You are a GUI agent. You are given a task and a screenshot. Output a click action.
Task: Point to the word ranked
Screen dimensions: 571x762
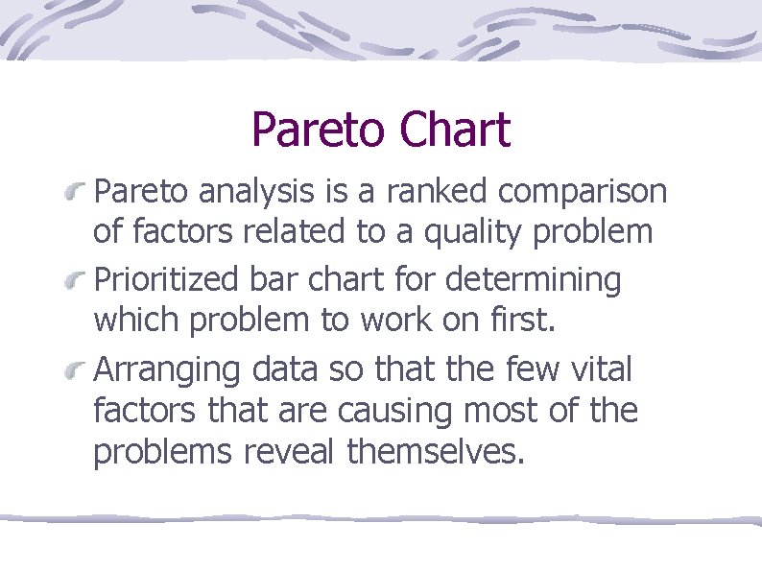tap(439, 192)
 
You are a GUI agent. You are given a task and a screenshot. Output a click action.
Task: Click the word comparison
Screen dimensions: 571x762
tap(583, 193)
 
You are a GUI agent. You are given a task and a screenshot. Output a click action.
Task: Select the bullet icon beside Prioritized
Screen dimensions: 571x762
tap(75, 283)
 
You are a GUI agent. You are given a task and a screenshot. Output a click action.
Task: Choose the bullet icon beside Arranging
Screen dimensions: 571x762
tap(75, 371)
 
